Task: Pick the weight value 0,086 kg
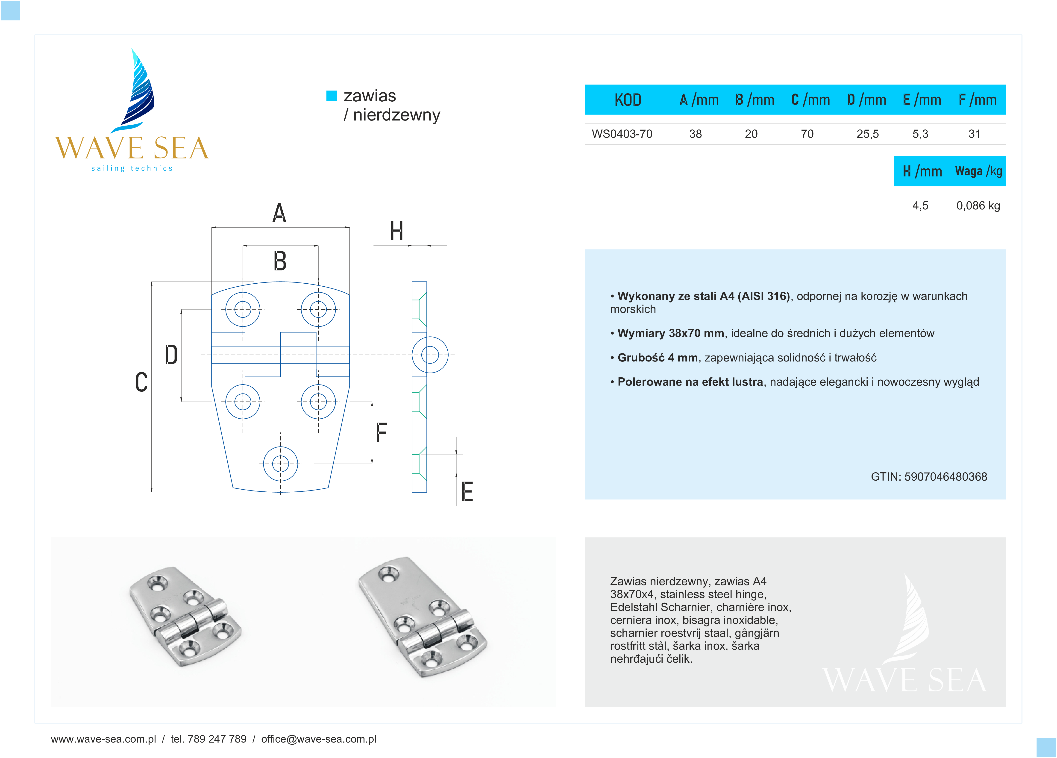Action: click(x=978, y=206)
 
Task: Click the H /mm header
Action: click(x=922, y=172)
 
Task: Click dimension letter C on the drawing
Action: click(x=141, y=382)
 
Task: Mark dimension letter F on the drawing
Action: click(x=381, y=433)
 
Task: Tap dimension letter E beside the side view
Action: click(x=467, y=492)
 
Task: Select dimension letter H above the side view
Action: click(x=396, y=231)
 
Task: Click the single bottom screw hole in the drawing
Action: click(x=281, y=464)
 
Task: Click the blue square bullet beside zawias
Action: click(x=331, y=96)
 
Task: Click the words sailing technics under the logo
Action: click(x=132, y=168)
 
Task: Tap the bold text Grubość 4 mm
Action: click(x=657, y=358)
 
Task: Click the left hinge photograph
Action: click(x=185, y=616)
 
